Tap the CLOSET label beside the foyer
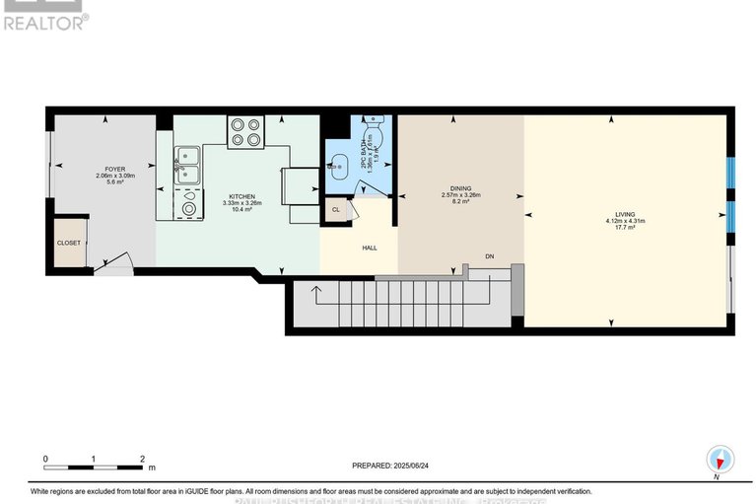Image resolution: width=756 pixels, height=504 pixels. coord(68,243)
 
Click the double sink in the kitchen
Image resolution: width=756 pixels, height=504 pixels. coord(187,165)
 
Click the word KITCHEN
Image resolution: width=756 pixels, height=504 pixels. coord(241,196)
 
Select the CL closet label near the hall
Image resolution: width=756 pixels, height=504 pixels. coord(336,210)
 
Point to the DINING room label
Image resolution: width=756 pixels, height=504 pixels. coord(460,188)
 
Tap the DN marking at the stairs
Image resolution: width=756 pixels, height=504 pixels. coord(489,258)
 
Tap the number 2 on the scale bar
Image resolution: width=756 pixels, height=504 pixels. coord(142,459)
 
